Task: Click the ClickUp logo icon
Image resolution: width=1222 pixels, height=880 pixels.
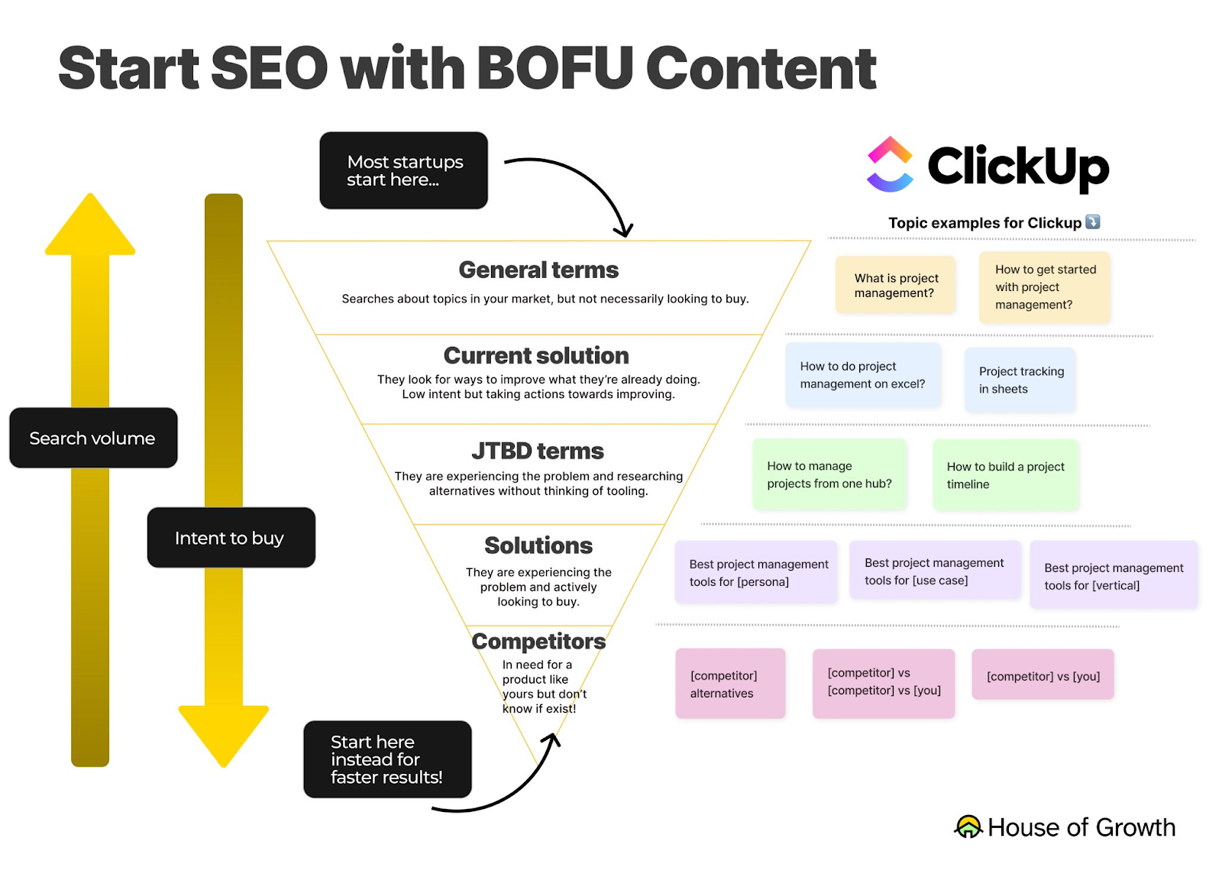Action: click(890, 164)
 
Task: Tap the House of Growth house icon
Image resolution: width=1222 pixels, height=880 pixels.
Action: click(968, 827)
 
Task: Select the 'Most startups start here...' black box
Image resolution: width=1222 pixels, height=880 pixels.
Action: click(403, 170)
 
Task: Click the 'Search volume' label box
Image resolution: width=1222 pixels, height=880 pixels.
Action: click(93, 438)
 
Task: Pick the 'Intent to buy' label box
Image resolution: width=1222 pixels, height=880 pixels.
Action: click(231, 538)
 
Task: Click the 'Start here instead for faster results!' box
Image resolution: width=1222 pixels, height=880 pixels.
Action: click(387, 759)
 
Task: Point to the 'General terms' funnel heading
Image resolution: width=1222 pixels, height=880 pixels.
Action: click(538, 270)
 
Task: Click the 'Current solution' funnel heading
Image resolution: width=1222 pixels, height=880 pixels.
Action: click(536, 356)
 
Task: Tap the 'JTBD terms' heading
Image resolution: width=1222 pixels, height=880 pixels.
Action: click(538, 451)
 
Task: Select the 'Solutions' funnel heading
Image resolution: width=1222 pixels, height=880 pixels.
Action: click(538, 545)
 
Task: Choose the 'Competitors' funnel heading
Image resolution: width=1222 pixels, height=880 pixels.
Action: click(538, 642)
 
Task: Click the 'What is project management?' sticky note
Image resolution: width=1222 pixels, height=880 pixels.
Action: click(895, 285)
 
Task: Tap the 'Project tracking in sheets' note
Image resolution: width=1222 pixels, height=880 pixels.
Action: click(1020, 380)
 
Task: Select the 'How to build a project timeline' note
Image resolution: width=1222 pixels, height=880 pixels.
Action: click(1005, 475)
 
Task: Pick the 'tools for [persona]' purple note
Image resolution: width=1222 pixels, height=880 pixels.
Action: click(756, 573)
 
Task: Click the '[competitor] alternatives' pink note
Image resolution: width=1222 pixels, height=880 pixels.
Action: click(730, 684)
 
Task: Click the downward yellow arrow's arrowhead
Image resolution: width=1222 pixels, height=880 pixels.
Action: click(224, 734)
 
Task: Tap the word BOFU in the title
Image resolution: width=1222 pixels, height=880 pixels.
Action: click(556, 69)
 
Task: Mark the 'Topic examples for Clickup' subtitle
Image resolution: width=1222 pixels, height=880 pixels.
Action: click(985, 223)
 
